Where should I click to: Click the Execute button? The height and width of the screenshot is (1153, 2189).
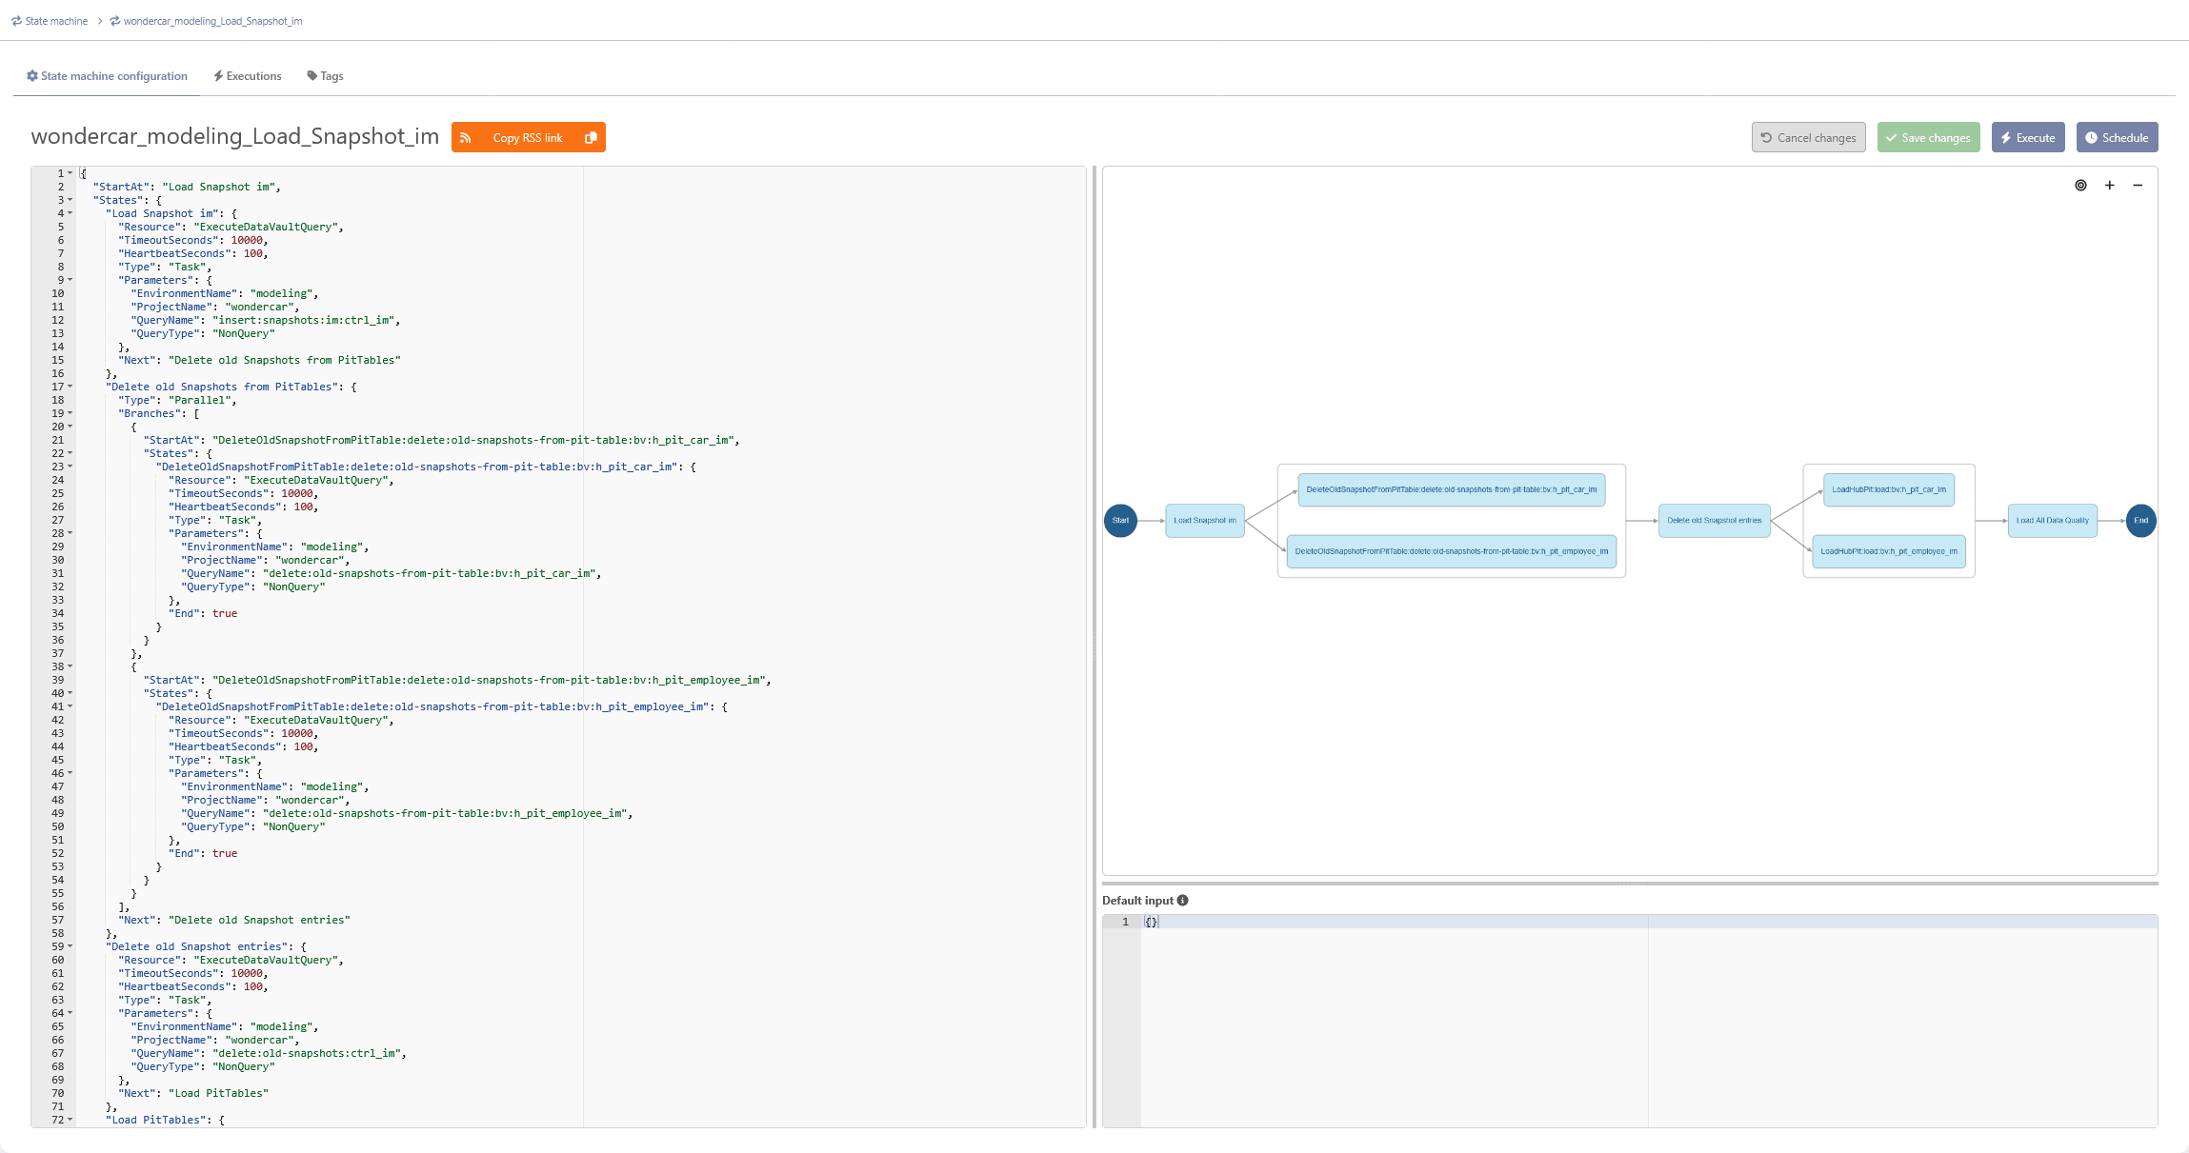pyautogui.click(x=2028, y=137)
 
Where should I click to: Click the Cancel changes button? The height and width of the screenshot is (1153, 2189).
pyautogui.click(x=1808, y=137)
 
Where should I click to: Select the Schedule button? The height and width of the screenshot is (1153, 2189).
pyautogui.click(x=2117, y=137)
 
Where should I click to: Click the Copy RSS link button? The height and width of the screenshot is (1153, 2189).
pyautogui.click(x=529, y=137)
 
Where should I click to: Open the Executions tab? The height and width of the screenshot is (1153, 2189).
pyautogui.click(x=248, y=76)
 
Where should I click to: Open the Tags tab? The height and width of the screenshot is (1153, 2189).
pyautogui.click(x=326, y=76)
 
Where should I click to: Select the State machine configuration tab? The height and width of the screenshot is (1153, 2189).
pyautogui.click(x=107, y=76)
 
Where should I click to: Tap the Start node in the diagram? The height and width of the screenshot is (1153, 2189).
pyautogui.click(x=1120, y=521)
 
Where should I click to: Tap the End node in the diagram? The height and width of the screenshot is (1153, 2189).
pyautogui.click(x=2140, y=521)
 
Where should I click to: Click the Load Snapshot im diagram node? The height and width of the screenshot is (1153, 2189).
pyautogui.click(x=1205, y=521)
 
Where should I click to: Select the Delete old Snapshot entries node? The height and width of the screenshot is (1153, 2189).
pyautogui.click(x=1715, y=521)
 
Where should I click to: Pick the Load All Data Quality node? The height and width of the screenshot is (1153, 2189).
pyautogui.click(x=2053, y=521)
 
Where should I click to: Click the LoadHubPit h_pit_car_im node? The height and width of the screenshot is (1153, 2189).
pyautogui.click(x=1889, y=489)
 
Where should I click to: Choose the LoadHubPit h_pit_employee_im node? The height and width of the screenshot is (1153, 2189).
pyautogui.click(x=1889, y=551)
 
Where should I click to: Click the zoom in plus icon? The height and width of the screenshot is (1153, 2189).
pyautogui.click(x=2110, y=186)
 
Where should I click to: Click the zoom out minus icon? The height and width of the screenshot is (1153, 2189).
pyautogui.click(x=2138, y=186)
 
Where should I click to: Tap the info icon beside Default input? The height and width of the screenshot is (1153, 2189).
pyautogui.click(x=1183, y=901)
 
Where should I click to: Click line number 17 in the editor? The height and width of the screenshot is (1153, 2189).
pyautogui.click(x=58, y=387)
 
